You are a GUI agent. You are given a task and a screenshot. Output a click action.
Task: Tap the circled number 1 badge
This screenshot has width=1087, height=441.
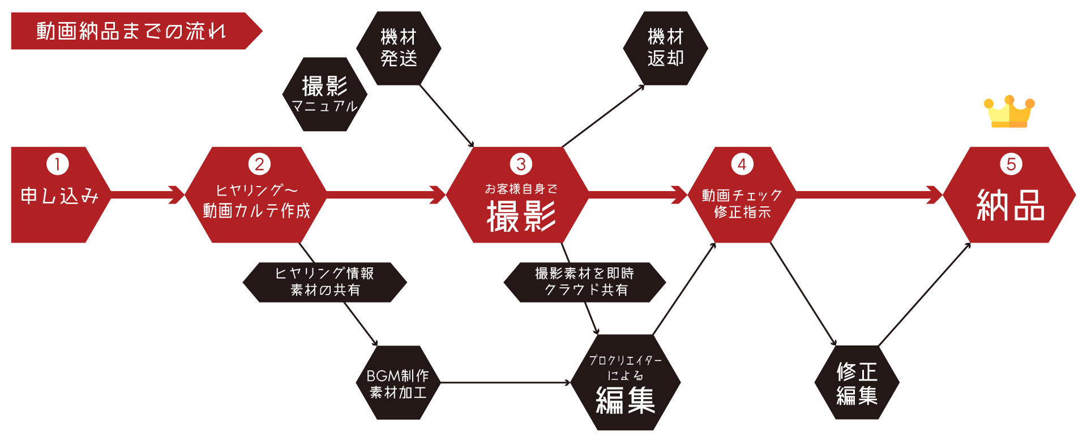(x=57, y=165)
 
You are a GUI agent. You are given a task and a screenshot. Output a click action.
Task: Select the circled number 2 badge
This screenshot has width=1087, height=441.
(x=259, y=165)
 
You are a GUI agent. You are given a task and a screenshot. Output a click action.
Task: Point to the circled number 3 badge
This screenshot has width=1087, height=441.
(x=521, y=165)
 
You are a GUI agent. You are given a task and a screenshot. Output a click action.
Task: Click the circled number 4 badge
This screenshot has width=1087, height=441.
(x=742, y=165)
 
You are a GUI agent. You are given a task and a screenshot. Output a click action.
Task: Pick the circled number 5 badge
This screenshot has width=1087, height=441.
(x=1011, y=165)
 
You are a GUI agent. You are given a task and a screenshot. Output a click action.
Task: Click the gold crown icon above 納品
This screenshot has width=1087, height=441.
(x=1009, y=112)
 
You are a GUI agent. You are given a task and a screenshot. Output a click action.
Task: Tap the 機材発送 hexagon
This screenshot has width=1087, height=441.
(x=399, y=48)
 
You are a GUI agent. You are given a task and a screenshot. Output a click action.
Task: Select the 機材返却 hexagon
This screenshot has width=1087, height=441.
(x=665, y=48)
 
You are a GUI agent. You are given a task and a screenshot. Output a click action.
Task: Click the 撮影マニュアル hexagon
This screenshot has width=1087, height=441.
(x=324, y=94)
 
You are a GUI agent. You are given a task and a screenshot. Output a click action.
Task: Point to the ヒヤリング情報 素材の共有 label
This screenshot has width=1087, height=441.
(x=324, y=282)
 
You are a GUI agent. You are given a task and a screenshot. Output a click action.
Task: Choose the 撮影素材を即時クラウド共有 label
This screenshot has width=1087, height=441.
(x=585, y=282)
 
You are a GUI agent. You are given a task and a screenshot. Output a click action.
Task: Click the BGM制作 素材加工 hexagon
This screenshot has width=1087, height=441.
(x=398, y=383)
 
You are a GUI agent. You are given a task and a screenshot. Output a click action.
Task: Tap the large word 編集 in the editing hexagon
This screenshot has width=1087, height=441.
(x=625, y=400)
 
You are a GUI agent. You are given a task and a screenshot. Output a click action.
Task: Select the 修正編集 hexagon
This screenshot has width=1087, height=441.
(x=857, y=383)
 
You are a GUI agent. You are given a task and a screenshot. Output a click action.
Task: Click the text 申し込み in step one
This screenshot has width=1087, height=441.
(x=59, y=196)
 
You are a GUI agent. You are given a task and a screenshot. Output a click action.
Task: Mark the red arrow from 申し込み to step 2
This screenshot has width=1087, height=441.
(x=147, y=194)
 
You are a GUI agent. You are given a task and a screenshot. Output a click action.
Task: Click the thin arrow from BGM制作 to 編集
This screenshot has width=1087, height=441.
(x=504, y=383)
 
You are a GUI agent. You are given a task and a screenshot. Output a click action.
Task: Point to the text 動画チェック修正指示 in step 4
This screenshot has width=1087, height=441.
(x=742, y=204)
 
